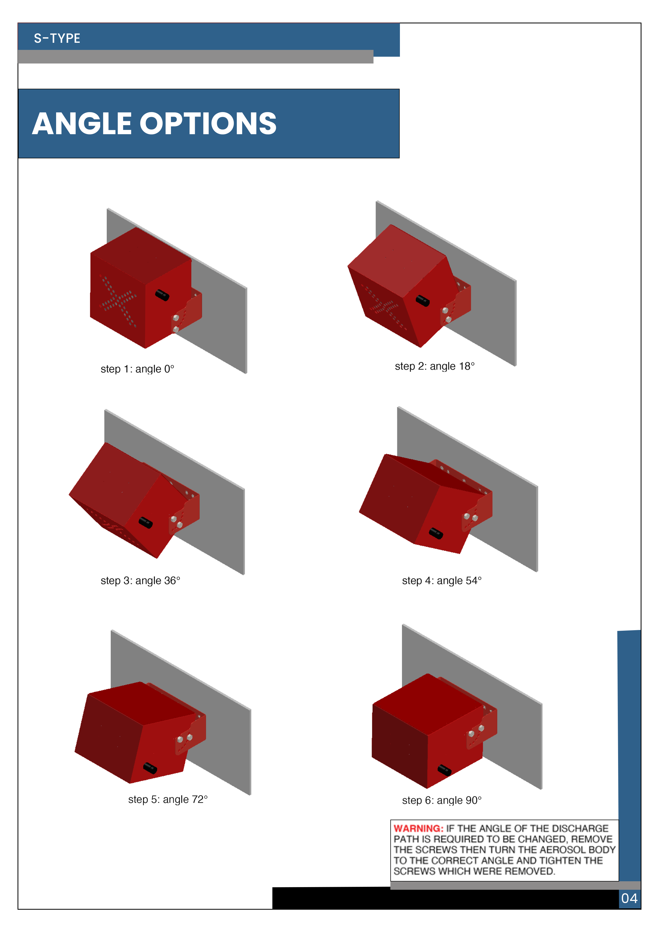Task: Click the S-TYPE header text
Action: click(57, 38)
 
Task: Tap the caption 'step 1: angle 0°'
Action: click(137, 369)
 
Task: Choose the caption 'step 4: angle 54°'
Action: click(442, 581)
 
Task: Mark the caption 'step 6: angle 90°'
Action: click(442, 800)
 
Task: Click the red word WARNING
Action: click(418, 828)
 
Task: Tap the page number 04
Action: click(629, 898)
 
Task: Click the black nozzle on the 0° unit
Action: click(162, 295)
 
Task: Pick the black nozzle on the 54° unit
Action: click(436, 533)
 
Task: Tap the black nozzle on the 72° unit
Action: click(150, 768)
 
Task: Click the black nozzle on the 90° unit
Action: click(444, 770)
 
